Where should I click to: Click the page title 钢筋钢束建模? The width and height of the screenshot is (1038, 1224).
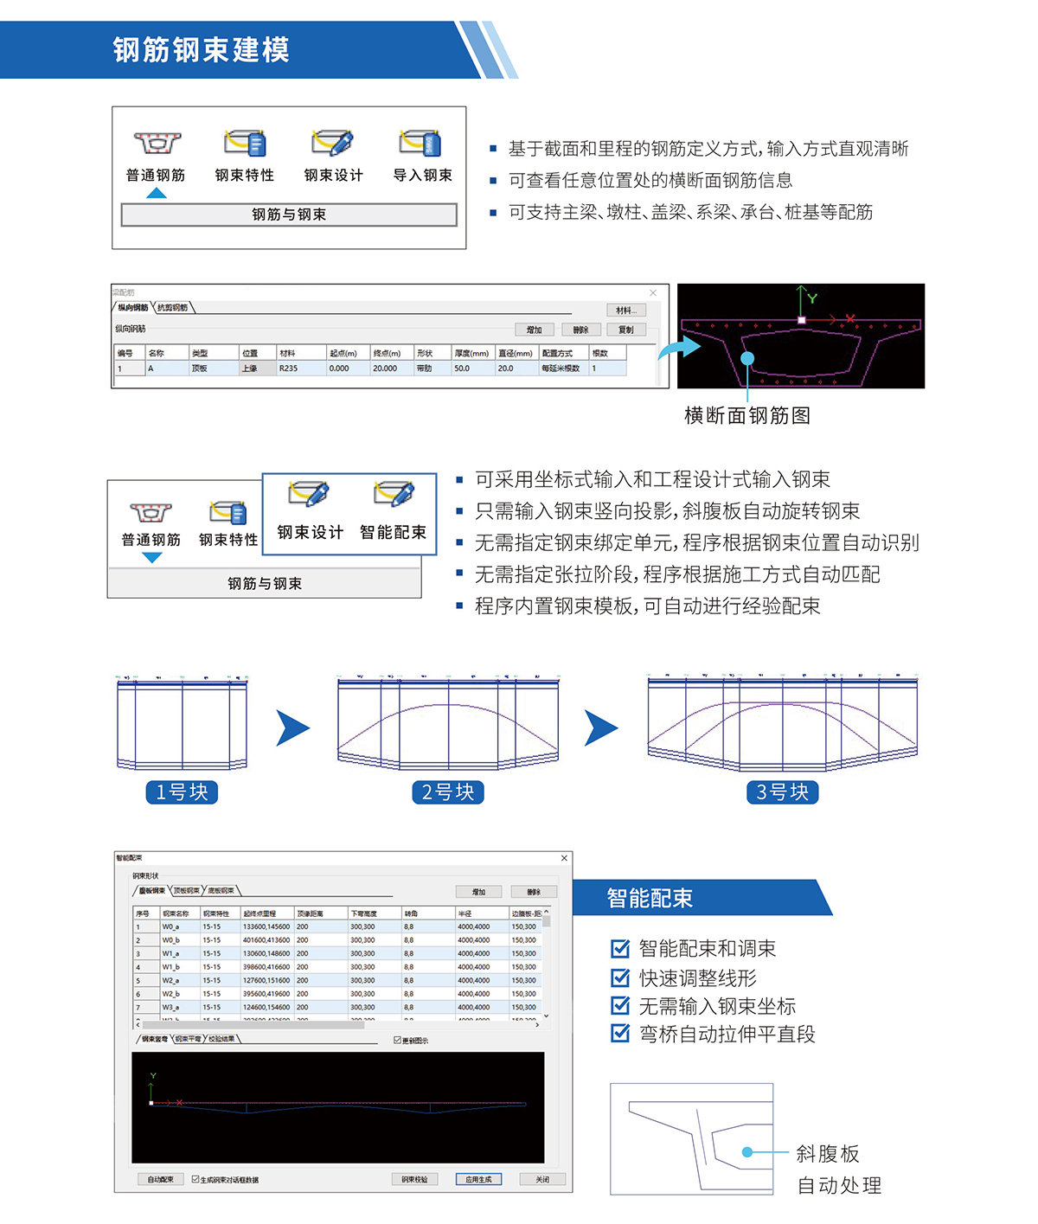201,50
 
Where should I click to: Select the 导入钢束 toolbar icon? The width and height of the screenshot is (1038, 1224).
421,144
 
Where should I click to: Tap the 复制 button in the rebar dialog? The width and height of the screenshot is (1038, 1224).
625,330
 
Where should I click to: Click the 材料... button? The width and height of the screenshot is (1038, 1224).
625,311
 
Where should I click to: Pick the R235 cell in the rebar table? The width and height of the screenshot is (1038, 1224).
289,368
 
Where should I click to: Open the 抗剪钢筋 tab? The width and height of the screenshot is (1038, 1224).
173,308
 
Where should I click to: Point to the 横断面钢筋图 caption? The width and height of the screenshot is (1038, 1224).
747,416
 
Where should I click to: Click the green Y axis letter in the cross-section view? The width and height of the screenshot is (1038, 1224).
812,298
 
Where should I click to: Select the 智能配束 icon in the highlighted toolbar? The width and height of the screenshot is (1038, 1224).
394,496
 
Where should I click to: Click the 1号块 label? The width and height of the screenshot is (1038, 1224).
182,792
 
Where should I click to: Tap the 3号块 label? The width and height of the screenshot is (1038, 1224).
782,792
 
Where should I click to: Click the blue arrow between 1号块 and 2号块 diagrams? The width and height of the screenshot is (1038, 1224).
293,728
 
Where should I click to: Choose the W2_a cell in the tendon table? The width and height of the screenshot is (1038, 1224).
171,981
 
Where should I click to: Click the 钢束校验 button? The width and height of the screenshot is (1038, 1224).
414,1179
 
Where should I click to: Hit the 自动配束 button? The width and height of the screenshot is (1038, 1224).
160,1179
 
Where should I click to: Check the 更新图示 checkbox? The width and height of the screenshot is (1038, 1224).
397,1041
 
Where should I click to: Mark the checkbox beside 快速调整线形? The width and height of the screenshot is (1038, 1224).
620,977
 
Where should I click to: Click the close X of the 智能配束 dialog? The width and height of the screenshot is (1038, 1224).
564,858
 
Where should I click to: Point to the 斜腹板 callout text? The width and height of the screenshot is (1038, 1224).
828,1154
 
